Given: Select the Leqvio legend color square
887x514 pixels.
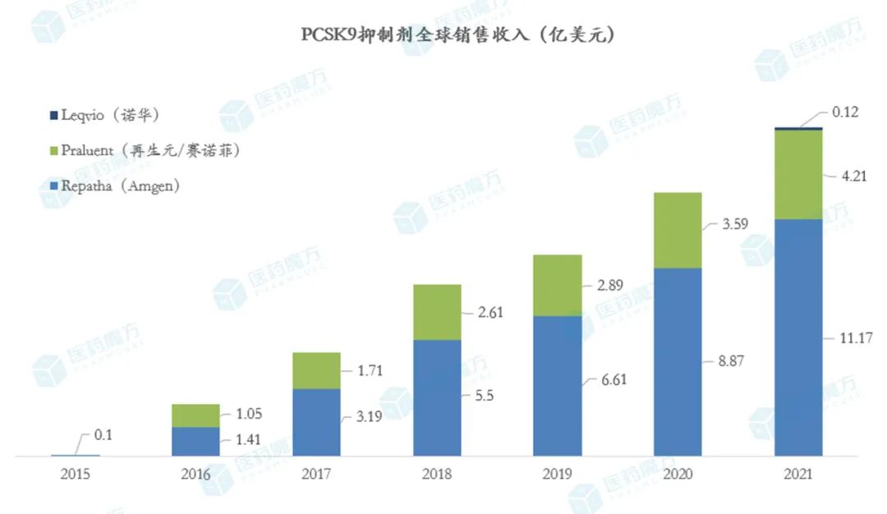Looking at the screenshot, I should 54,115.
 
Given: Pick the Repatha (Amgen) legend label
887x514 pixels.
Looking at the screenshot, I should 120,186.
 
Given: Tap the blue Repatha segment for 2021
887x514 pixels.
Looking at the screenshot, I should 798,337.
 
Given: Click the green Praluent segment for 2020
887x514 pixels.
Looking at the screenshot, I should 678,230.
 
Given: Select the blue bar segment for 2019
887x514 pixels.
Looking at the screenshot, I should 558,386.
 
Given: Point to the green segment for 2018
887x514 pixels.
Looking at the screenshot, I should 437,312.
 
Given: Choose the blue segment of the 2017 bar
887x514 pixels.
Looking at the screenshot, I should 316,422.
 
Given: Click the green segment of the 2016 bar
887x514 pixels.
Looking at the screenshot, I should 195,415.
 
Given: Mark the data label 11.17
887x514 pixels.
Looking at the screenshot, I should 855,337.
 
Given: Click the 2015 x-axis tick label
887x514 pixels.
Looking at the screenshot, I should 75,475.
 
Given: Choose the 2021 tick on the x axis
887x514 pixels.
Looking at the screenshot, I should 798,475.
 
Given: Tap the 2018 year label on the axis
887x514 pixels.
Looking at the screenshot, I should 437,475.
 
